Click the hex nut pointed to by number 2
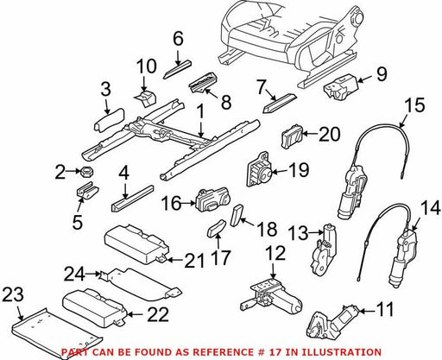point(87,172)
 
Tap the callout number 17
point(220,257)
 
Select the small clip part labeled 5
point(87,190)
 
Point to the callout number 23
point(13,294)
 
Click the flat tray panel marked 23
point(58,332)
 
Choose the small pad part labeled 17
point(217,228)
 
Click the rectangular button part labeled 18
point(237,215)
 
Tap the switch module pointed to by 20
point(292,136)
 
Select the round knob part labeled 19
point(258,170)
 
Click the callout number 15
point(416,104)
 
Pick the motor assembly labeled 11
point(332,321)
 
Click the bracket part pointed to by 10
point(145,98)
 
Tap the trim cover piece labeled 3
point(109,119)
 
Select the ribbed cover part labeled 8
point(204,83)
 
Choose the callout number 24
point(74,274)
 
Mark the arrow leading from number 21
point(175,260)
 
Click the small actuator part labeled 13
point(323,247)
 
